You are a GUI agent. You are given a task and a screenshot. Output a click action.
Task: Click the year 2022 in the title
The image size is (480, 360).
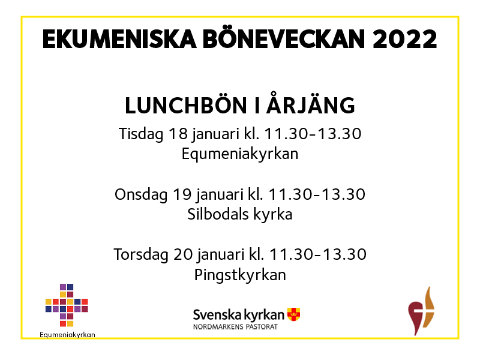[x=404, y=39]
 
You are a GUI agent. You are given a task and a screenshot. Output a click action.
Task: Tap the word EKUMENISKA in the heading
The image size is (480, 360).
[x=119, y=39]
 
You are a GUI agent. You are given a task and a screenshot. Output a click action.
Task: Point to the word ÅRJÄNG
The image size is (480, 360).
[x=310, y=103]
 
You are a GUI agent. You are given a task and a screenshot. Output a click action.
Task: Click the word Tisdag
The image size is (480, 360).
[x=141, y=134]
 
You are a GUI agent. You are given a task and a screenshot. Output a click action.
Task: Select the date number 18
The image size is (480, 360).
[x=178, y=134]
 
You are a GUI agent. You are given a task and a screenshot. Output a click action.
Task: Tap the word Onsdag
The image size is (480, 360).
[x=141, y=194]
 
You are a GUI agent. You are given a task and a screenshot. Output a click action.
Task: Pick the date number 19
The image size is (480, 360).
[x=182, y=194]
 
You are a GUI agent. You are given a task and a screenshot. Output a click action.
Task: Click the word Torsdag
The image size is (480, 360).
[x=141, y=254]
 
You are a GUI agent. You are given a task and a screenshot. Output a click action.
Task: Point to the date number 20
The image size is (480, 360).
[x=183, y=254]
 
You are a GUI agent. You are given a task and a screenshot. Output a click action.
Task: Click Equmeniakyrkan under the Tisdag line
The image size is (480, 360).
[x=239, y=154]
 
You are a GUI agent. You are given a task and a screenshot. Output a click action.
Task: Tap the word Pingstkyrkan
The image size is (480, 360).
[x=240, y=275]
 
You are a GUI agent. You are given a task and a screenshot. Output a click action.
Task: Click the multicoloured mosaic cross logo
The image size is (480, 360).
[x=67, y=305]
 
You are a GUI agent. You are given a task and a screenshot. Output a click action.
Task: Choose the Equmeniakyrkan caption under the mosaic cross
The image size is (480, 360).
[x=67, y=335]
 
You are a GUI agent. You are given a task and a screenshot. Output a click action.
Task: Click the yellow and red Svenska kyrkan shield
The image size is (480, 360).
[x=293, y=314]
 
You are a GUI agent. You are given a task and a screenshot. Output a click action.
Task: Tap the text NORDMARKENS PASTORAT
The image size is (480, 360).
[x=235, y=327]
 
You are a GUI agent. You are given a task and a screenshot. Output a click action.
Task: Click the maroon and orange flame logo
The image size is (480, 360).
[x=421, y=311]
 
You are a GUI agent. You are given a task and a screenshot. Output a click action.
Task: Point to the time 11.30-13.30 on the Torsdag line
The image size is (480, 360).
[x=318, y=254]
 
